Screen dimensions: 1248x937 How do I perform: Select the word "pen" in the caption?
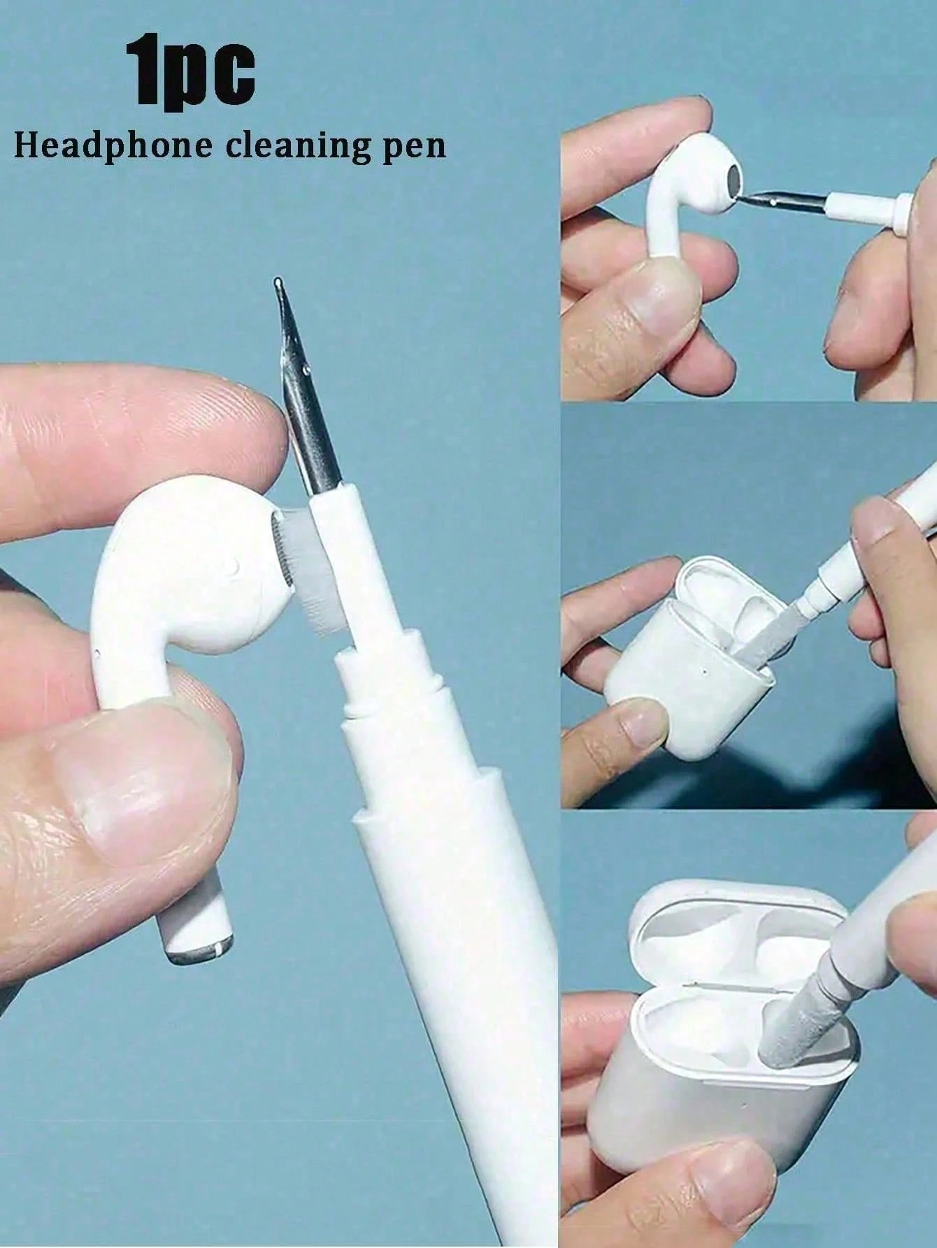click(x=413, y=148)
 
